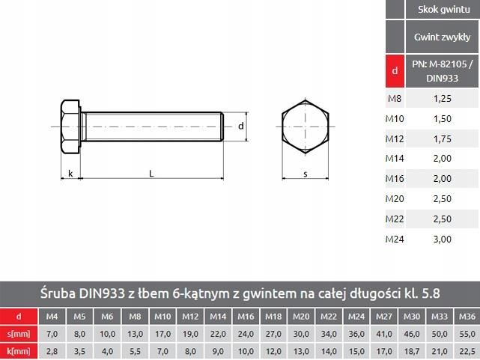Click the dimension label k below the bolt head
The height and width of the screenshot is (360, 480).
click(70, 174)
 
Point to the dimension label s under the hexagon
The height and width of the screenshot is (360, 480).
click(305, 174)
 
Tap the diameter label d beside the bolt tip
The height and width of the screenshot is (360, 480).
click(240, 126)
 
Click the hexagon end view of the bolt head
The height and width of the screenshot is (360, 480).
click(305, 126)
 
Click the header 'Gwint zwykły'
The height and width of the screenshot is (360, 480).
click(442, 37)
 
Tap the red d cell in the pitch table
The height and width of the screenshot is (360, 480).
click(395, 71)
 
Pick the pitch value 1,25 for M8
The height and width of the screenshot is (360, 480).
click(443, 98)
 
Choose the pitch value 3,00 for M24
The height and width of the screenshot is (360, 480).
click(443, 239)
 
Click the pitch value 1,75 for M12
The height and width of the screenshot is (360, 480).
click(443, 138)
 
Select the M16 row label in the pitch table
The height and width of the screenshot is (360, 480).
click(395, 179)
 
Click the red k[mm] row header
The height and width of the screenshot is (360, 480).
click(18, 350)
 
